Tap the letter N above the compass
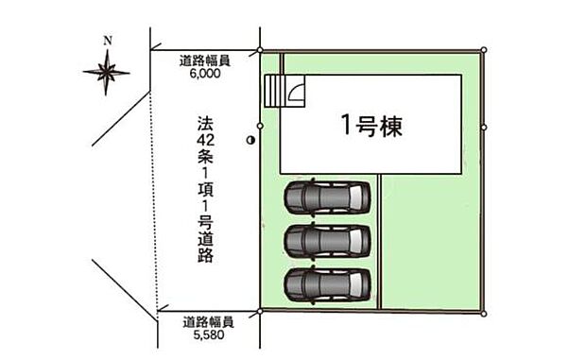(x=108, y=40)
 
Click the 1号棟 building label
(x=371, y=125)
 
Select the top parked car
(x=324, y=198)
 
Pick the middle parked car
(x=324, y=241)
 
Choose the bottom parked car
(x=324, y=283)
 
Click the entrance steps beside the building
(x=274, y=93)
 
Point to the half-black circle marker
(x=250, y=140)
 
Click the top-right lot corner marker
(x=484, y=49)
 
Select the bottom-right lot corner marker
(x=484, y=313)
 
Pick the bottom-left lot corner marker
(x=260, y=311)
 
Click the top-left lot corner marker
(x=261, y=49)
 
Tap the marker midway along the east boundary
(x=484, y=126)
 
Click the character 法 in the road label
(x=203, y=124)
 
